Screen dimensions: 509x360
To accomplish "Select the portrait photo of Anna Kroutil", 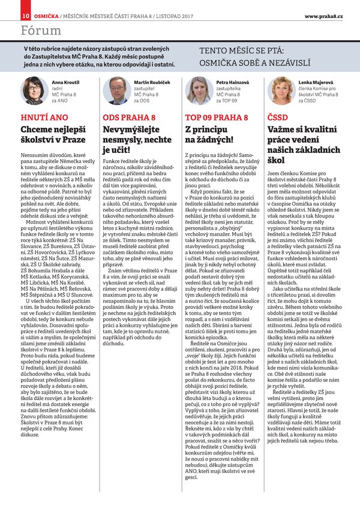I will pyautogui.click(x=32, y=90).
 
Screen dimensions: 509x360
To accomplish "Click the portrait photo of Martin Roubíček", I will pyautogui.click(x=117, y=90).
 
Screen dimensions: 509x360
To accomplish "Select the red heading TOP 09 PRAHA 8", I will pyautogui.click(x=212, y=117).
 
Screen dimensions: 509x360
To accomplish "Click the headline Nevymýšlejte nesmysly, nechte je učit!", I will pyautogui.click(x=136, y=139).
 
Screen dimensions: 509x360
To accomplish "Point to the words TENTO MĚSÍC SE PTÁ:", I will pyautogui.click(x=250, y=52).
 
